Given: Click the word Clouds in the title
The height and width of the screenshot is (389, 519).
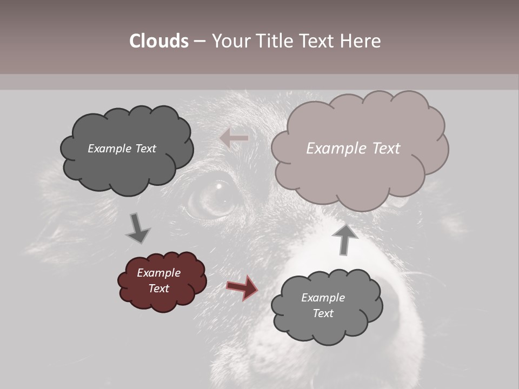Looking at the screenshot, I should (x=159, y=41).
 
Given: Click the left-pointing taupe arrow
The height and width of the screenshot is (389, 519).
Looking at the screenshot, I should (x=234, y=138).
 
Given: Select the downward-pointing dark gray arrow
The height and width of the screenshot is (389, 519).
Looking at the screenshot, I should (x=138, y=228).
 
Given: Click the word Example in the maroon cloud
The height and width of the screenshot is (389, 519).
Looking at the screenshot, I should (x=158, y=273).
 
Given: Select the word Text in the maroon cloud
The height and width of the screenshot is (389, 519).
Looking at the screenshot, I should (x=159, y=289).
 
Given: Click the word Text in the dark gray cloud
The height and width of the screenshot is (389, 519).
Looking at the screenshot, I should (x=145, y=149).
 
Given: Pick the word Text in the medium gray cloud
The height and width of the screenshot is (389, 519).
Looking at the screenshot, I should (x=323, y=313).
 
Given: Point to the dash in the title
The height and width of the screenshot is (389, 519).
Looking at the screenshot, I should (x=199, y=41).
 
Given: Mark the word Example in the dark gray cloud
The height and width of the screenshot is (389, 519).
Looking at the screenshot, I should (x=110, y=149).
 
